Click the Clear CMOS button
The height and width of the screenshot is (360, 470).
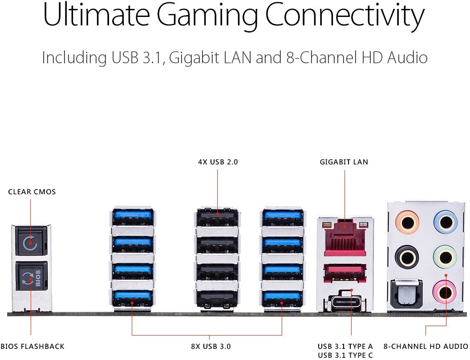pyautogui.click(x=31, y=243)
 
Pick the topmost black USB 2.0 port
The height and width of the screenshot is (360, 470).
pyautogui.click(x=217, y=218)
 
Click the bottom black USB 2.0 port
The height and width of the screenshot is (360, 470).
pyautogui.click(x=217, y=298)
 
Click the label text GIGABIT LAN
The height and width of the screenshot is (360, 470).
pyautogui.click(x=344, y=162)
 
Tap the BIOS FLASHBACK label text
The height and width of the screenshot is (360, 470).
pyautogui.click(x=32, y=346)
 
